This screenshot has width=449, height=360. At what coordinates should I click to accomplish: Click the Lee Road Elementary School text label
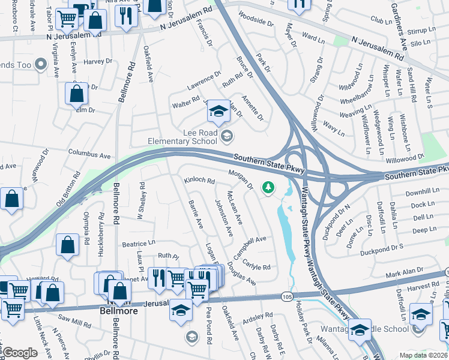coord(182,137)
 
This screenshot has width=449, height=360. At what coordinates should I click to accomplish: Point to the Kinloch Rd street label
coord(199,180)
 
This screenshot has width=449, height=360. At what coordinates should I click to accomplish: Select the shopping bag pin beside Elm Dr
coord(77,94)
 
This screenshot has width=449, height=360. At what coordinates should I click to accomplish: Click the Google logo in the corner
coord(19,352)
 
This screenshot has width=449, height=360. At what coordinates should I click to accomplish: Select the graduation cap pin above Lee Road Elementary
coord(218,111)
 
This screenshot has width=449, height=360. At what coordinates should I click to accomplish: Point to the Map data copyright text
coord(423,355)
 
